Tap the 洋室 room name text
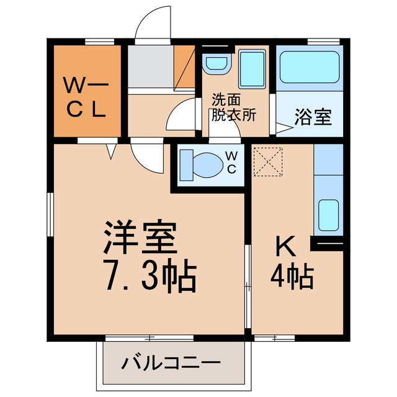point(141,237)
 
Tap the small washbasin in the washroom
point(216,63)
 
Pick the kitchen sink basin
point(328,214)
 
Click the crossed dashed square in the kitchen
point(269,161)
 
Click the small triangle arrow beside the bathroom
point(283,129)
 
